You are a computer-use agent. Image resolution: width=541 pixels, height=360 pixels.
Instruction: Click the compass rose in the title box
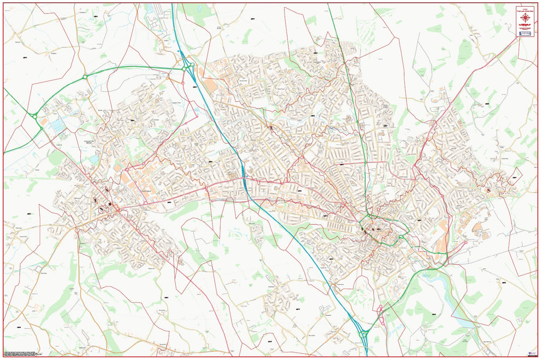(x=526, y=18)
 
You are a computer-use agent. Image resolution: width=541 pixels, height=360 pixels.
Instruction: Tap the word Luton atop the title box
(x=526, y=8)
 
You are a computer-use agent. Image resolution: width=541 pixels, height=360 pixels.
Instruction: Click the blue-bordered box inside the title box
(x=526, y=33)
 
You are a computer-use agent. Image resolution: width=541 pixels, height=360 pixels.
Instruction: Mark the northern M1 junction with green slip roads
(x=189, y=68)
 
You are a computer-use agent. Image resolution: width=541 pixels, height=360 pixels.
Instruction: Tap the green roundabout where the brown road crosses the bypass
(x=85, y=77)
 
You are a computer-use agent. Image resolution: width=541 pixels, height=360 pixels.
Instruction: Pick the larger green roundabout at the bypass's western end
(x=34, y=116)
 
